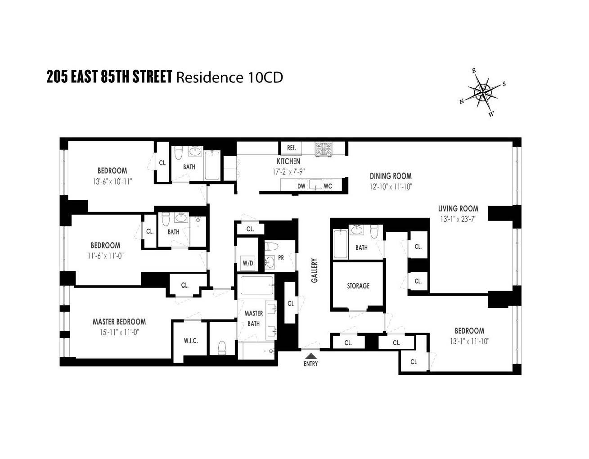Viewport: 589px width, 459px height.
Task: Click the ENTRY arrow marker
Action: click(310, 355)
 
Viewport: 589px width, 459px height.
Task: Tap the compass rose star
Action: click(483, 93)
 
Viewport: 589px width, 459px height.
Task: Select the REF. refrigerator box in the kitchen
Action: click(291, 148)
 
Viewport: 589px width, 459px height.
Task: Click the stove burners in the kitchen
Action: click(323, 149)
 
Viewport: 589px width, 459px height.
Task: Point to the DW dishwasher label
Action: click(301, 186)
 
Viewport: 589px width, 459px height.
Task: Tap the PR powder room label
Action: click(281, 258)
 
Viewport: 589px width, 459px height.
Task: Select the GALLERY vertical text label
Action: click(315, 270)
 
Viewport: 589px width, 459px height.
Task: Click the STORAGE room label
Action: click(358, 286)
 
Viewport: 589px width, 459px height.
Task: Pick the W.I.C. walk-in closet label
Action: click(191, 341)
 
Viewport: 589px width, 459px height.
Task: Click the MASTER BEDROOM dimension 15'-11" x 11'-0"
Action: click(119, 332)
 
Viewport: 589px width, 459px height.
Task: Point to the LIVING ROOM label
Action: click(458, 209)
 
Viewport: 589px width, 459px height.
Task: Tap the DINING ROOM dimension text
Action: click(391, 187)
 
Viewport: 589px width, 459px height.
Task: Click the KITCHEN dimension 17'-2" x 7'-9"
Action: click(289, 171)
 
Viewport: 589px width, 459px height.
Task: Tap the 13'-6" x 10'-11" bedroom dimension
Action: click(112, 181)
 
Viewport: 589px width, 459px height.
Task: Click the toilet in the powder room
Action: click(272, 246)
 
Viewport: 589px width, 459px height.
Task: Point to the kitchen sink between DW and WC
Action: click(316, 185)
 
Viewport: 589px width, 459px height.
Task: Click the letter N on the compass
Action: click(462, 101)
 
